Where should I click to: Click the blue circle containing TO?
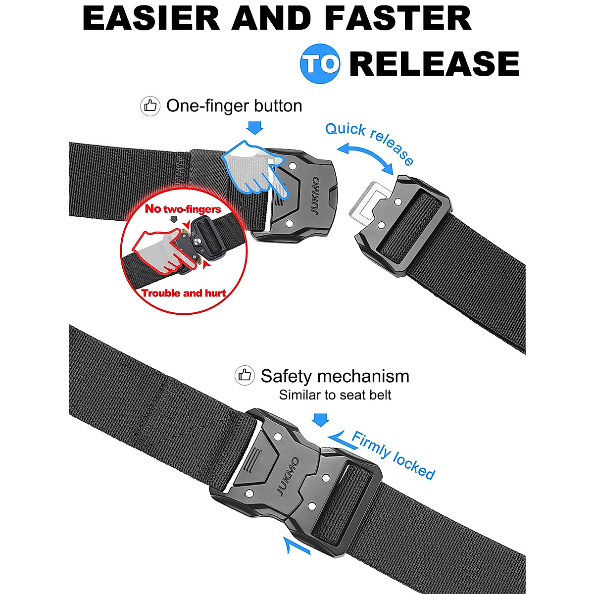click(320, 64)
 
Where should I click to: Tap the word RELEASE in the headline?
click(434, 64)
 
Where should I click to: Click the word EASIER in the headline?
click(151, 18)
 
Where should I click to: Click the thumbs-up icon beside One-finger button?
click(150, 106)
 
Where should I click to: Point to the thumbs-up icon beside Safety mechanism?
click(245, 376)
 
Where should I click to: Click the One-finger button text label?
click(234, 106)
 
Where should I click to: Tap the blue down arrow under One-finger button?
click(255, 128)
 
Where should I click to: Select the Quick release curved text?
click(369, 142)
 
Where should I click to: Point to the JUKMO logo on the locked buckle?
click(288, 476)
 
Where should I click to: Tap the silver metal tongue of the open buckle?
click(367, 201)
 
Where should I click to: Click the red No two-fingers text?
click(183, 208)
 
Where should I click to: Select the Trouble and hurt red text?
click(184, 293)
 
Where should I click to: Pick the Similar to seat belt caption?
click(335, 395)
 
